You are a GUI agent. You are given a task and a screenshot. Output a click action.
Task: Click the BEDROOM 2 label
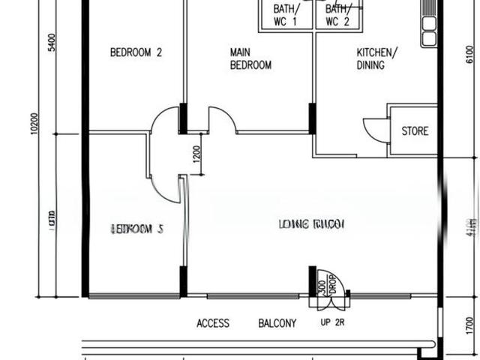coord(136,52)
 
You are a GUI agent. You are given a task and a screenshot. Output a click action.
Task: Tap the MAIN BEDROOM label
coord(250,58)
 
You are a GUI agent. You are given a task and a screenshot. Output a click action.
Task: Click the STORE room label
coord(415,131)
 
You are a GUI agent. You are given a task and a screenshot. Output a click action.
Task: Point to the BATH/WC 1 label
coord(286,15)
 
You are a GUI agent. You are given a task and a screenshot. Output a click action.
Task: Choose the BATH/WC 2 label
coord(337,15)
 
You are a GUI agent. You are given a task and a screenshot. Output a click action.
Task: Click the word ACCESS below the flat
coord(213,324)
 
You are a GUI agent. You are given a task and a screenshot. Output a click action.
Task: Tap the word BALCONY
coord(277,324)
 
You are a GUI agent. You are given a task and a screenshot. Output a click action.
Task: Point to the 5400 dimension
coord(52,43)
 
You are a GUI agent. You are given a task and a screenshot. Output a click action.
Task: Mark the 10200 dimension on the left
coord(34,124)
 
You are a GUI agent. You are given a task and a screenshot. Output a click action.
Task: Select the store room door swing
coord(376,130)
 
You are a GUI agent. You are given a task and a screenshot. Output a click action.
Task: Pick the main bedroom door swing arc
coord(222,120)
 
